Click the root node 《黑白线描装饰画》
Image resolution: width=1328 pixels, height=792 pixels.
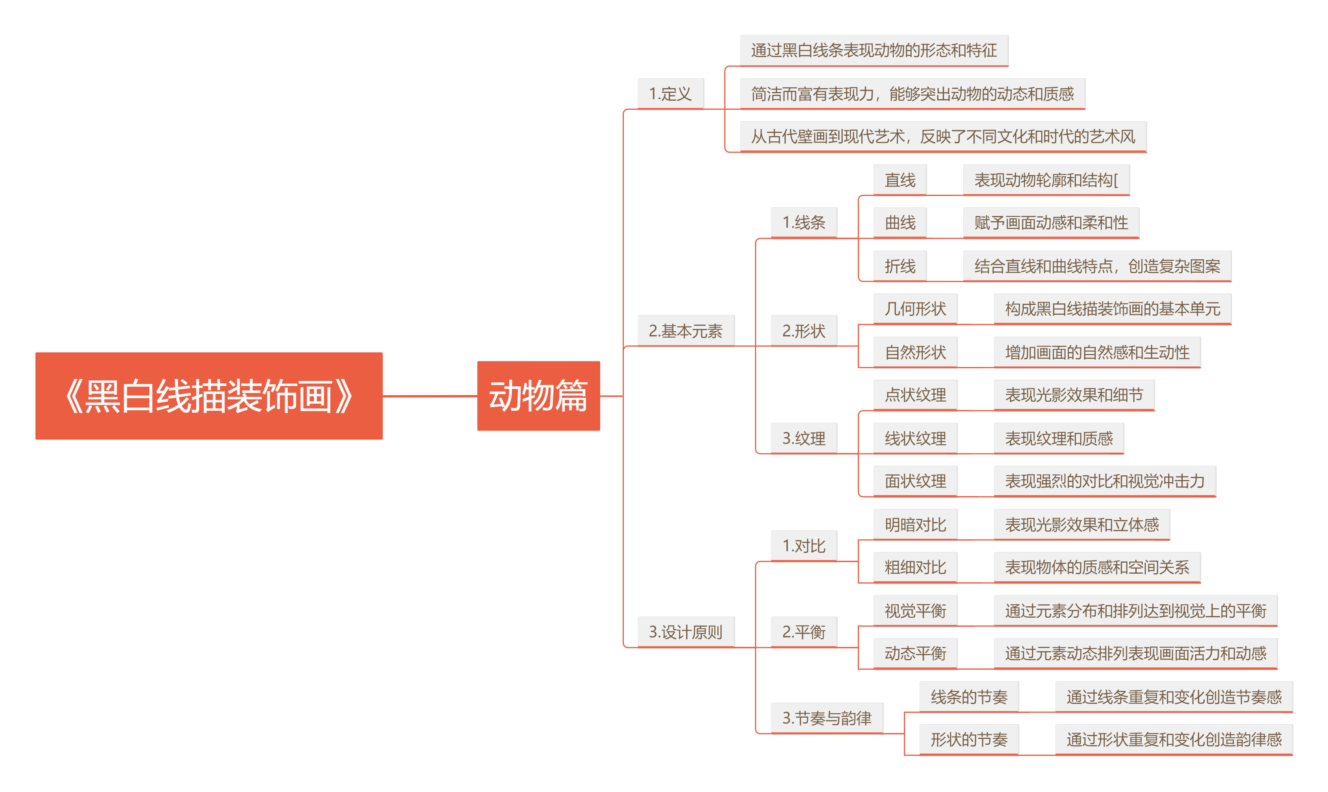pyautogui.click(x=209, y=395)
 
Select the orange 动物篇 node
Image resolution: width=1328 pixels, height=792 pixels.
pyautogui.click(x=538, y=395)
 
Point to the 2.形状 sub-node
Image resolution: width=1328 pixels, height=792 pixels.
pyautogui.click(x=803, y=330)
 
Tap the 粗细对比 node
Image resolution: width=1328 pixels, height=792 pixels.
pyautogui.click(x=915, y=567)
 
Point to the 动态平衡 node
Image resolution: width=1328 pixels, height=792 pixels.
pyautogui.click(x=915, y=653)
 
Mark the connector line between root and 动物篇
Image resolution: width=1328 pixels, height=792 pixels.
pyautogui.click(x=430, y=396)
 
